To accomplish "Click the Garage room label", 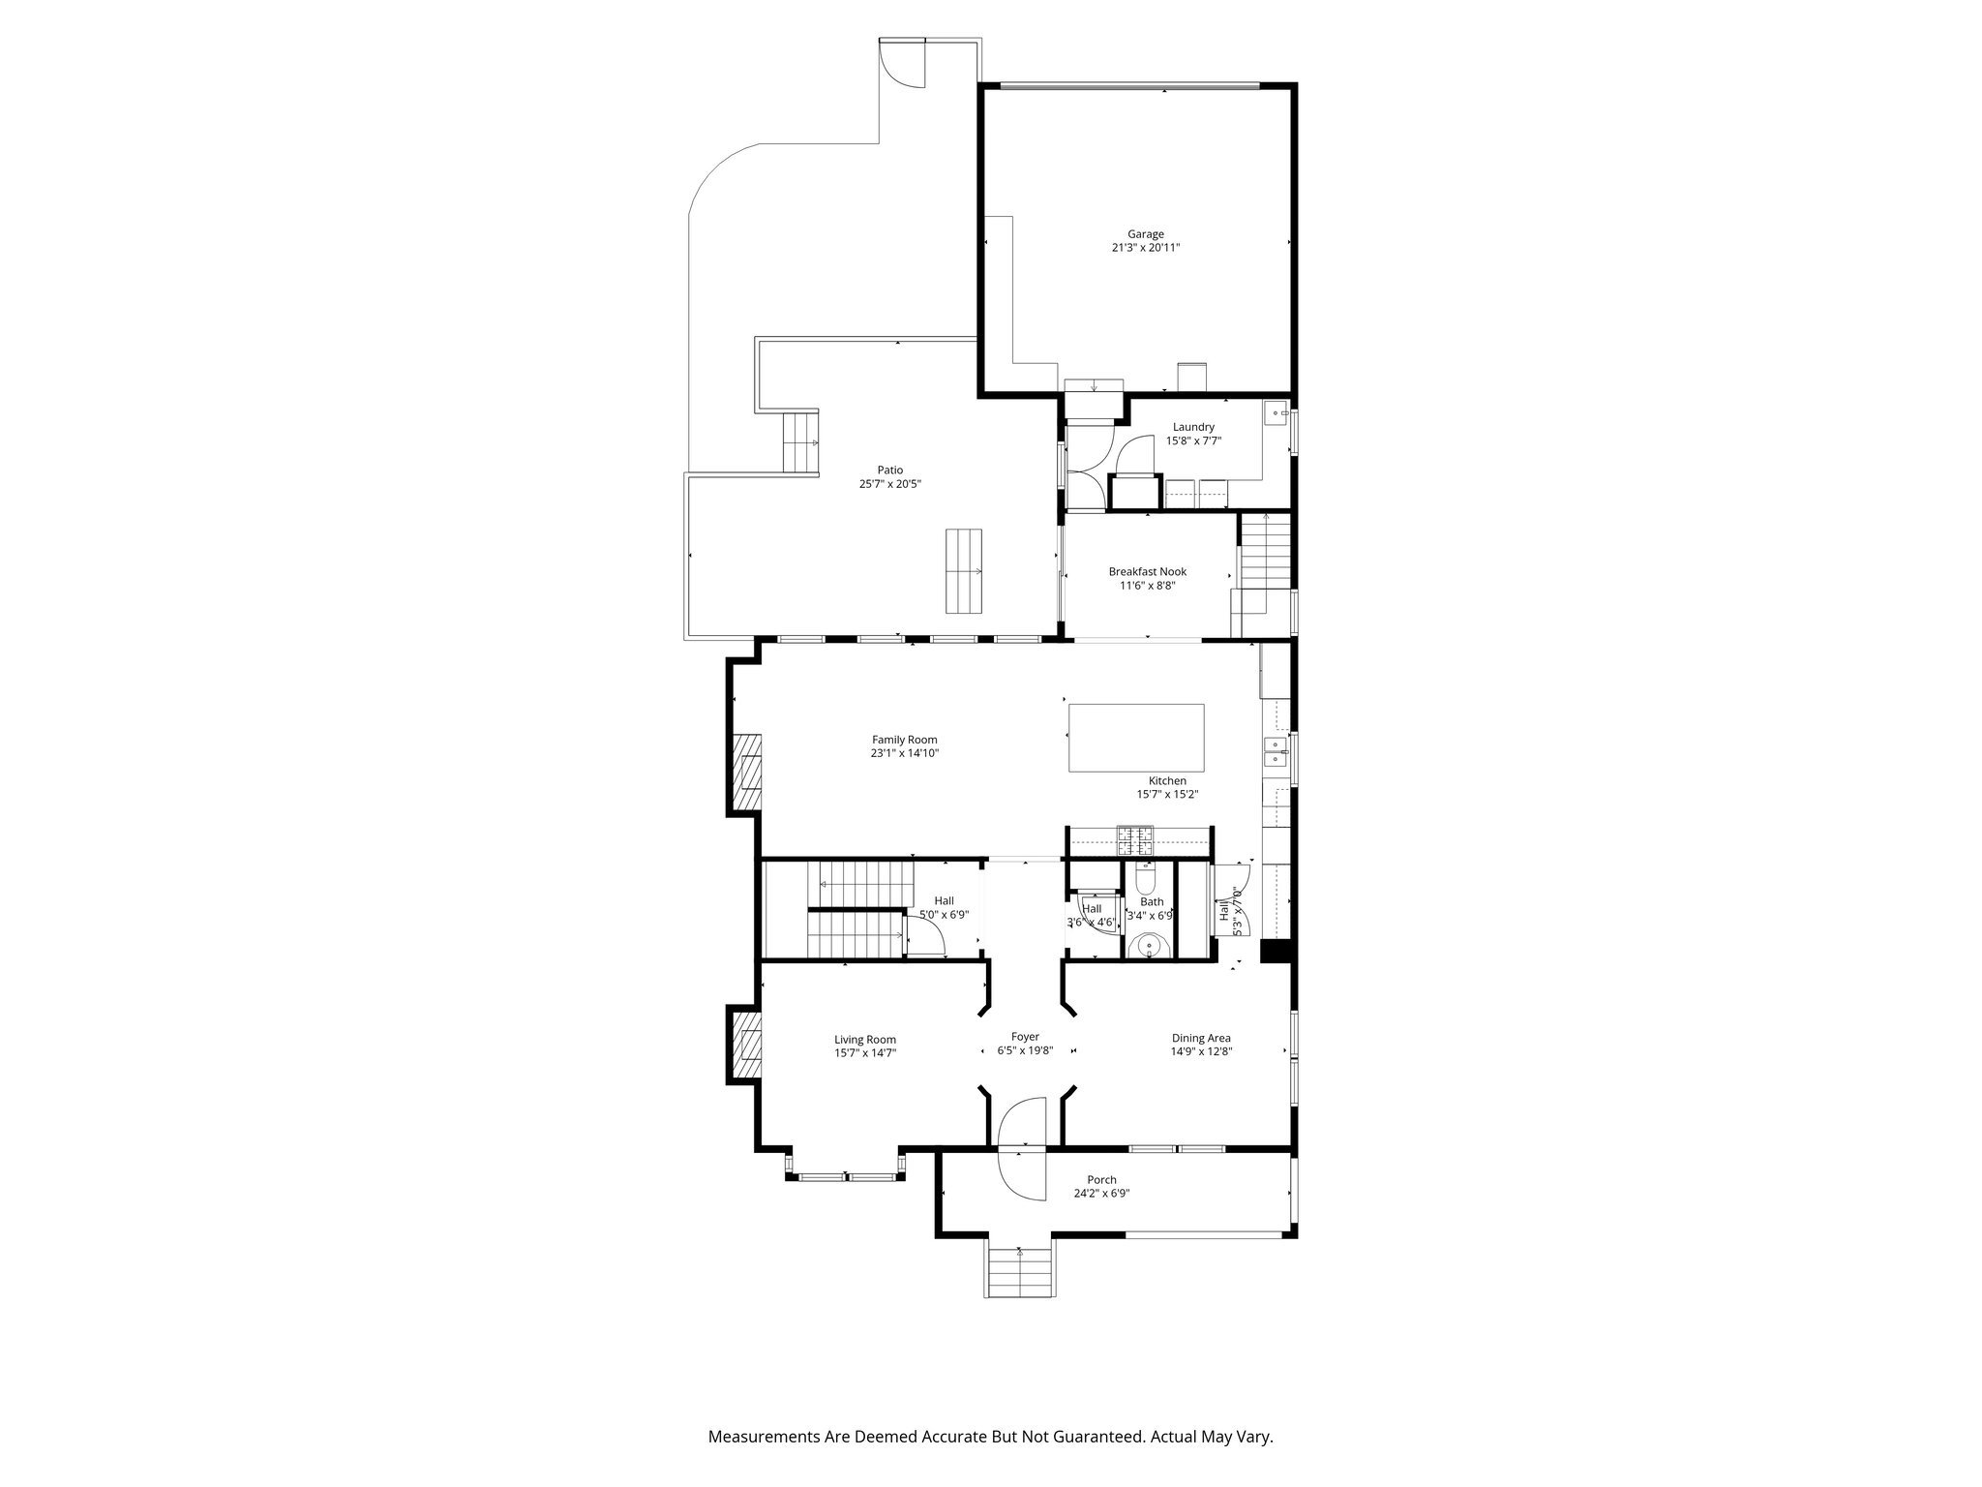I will [1145, 233].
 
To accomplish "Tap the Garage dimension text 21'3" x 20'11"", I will [1145, 248].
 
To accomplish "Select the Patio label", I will [889, 470].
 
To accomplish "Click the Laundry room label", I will [1193, 427].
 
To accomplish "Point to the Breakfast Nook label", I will [1147, 571].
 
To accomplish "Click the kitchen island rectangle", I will [1136, 738].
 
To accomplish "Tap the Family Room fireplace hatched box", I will [745, 773].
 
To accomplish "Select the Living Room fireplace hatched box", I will [745, 1046].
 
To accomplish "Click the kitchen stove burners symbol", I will [1135, 839].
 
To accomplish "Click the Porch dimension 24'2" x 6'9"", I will [1101, 1194].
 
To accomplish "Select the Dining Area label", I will [1200, 1038].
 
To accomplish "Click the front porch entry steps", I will [1020, 1270].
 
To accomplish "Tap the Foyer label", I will [1025, 1036].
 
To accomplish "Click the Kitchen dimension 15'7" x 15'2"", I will [1167, 795].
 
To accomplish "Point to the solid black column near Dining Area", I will [1276, 952].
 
